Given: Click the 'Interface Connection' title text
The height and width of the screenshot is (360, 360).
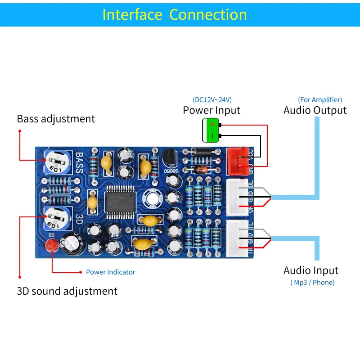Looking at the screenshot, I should point(175,14).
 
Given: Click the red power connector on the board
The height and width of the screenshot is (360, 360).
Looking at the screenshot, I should point(238,161).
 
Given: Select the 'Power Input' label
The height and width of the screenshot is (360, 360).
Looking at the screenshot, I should point(211,110).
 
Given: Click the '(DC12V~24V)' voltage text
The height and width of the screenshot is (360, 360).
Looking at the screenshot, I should point(212,99).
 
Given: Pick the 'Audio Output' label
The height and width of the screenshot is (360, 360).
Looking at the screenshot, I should point(315,110).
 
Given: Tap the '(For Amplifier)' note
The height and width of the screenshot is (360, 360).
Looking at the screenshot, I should point(320,99).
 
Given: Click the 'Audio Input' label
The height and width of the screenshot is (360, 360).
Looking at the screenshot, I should point(311,270).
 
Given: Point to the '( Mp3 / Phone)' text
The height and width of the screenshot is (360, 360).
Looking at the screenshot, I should point(312,283).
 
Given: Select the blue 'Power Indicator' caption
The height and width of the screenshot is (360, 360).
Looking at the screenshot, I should point(110,272).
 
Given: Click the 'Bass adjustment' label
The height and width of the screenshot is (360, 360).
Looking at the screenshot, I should point(56,119).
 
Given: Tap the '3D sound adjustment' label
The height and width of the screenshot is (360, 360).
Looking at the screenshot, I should point(67,291).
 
